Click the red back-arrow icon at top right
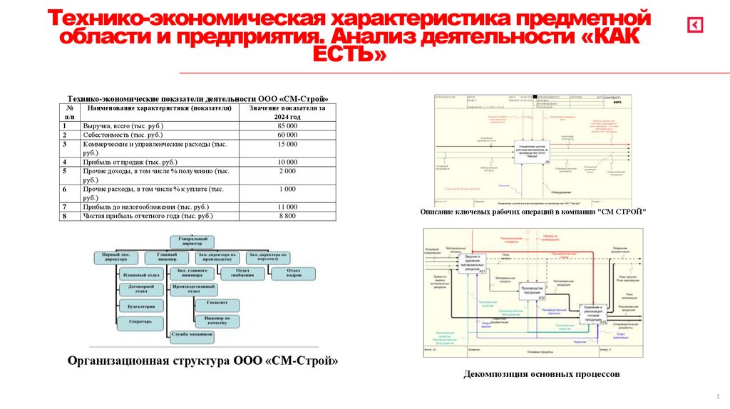click(x=695, y=25)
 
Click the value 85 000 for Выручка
click(x=287, y=125)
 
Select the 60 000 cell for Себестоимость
click(x=287, y=135)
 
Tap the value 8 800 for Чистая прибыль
click(x=287, y=215)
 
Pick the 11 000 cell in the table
click(x=287, y=207)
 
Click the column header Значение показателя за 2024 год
click(x=287, y=113)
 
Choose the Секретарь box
click(x=141, y=321)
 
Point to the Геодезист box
click(x=217, y=304)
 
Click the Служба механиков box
click(x=192, y=334)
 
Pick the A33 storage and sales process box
click(x=592, y=314)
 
